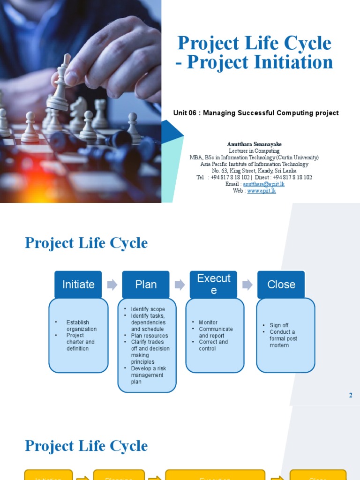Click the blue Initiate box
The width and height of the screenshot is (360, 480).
78,285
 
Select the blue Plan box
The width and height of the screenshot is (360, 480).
146,285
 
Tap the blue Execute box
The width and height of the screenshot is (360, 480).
213,284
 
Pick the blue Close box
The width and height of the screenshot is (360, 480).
281,285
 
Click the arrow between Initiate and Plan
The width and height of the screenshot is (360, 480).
112,285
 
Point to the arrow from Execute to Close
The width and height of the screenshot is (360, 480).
247,285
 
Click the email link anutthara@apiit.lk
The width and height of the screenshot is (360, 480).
263,184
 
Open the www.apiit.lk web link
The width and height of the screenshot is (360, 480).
262,191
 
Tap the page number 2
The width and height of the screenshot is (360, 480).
351,395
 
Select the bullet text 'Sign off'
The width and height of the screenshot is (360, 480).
279,325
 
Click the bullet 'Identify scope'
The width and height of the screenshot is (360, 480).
148,309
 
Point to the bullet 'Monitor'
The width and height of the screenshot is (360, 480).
208,322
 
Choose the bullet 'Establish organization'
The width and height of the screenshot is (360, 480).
78,326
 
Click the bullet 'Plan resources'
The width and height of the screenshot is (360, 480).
149,336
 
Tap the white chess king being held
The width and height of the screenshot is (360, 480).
60,87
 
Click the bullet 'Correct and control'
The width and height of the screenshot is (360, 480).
213,345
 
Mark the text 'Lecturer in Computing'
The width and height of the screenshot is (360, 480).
254,151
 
